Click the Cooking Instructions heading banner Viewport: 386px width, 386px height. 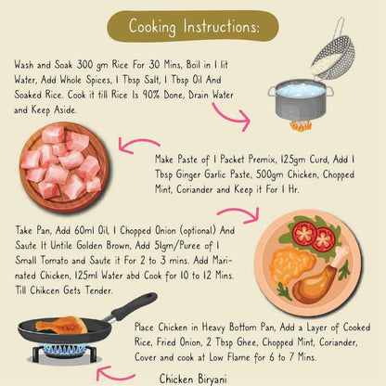[193, 26]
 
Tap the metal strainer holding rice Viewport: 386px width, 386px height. [332, 54]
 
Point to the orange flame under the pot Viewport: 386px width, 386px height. [300, 126]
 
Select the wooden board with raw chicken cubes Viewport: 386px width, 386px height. [64, 167]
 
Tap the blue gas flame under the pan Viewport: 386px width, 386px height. [66, 350]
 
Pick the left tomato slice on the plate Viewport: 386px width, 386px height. [304, 233]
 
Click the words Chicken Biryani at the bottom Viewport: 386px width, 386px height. [193, 380]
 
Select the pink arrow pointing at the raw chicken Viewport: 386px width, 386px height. [138, 145]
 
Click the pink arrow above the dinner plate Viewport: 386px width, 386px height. [238, 214]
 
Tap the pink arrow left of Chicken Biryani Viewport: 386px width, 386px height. [115, 374]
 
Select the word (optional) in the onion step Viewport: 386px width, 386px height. [198, 231]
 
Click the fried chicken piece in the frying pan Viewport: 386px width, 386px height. [62, 325]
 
